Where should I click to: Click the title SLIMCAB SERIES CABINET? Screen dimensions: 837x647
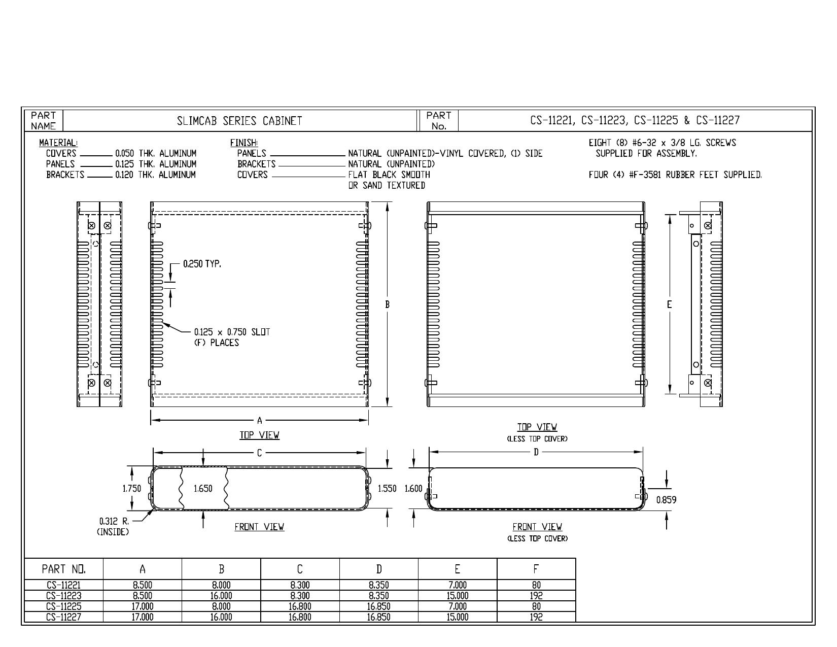tap(239, 121)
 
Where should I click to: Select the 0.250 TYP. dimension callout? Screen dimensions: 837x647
tap(202, 264)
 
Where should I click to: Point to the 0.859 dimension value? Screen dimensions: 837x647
tap(666, 500)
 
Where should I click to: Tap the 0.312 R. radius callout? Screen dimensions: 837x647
tap(114, 521)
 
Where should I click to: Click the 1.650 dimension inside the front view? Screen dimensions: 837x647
tap(203, 489)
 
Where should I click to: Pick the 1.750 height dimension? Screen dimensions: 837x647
tap(132, 489)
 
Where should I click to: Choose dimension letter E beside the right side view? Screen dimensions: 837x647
tap(670, 304)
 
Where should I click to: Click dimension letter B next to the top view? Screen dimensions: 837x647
tap(387, 304)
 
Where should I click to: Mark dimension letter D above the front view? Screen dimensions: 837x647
tap(536, 452)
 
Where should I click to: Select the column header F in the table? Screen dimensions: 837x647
tap(536, 569)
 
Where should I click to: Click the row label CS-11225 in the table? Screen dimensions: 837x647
tap(63, 606)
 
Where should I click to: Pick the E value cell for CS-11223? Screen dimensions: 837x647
tap(458, 596)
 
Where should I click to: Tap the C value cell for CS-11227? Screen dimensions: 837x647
tap(300, 617)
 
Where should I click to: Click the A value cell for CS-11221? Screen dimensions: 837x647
tap(143, 585)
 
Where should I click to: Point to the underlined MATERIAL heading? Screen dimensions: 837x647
tap(58, 143)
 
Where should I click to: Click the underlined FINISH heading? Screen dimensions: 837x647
tap(244, 143)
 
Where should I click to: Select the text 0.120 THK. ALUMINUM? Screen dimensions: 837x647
tap(156, 175)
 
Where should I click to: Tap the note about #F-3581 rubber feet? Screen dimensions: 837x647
tap(675, 175)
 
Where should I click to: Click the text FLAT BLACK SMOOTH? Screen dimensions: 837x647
tap(389, 175)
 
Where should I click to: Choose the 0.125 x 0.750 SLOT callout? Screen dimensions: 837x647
tap(232, 332)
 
